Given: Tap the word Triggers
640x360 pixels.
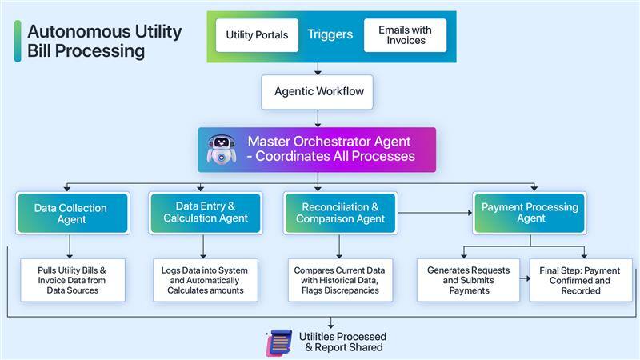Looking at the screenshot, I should coord(330,35).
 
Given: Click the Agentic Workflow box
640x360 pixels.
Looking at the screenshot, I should coord(318,92).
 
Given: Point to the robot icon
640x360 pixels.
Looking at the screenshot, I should coord(222,150).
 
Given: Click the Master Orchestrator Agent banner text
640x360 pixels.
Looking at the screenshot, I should coord(331,149).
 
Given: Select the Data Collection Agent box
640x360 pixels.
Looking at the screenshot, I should coord(71,214).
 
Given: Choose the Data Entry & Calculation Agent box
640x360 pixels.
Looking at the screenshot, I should coord(206,213).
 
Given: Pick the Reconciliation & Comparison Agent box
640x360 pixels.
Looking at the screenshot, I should coord(340,213).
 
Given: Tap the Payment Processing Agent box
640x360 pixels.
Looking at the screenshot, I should coord(530,213).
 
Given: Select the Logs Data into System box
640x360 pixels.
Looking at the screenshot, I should coord(206,280).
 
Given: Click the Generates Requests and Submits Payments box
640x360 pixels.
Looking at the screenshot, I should coord(469,280).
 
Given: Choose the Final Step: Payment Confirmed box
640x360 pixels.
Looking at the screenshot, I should coord(580,280).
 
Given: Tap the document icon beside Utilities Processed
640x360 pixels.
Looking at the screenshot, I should coord(278,342).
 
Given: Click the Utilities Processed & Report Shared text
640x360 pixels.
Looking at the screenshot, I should coord(342,342).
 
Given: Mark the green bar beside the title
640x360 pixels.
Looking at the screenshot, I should coord(18,41).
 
